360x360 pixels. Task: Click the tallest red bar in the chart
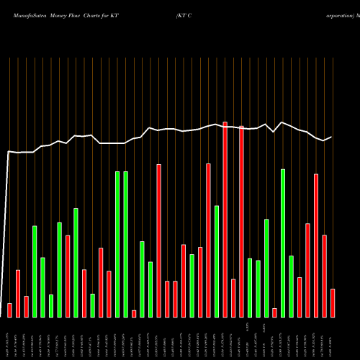[225, 220]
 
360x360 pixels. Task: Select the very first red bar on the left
[9, 310]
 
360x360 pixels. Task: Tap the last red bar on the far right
[333, 302]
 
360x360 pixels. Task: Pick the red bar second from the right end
[324, 276]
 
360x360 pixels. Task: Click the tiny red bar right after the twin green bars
[134, 313]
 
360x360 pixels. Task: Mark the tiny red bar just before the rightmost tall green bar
[274, 312]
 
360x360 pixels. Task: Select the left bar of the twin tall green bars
[117, 244]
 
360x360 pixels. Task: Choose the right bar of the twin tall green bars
[125, 244]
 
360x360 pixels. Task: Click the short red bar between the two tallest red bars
[233, 298]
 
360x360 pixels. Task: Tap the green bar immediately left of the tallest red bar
[217, 261]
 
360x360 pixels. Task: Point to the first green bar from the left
[35, 271]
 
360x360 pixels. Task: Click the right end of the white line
[331, 137]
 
